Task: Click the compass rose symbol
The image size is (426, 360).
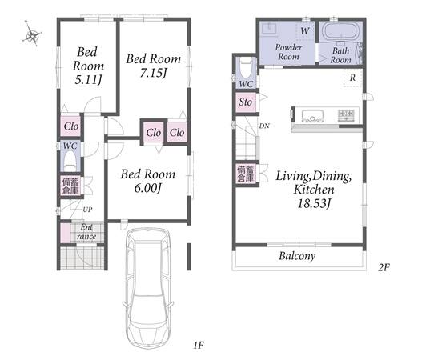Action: tap(32, 34)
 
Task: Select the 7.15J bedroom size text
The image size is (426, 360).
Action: tap(153, 73)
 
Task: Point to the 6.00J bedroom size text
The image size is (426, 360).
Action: tap(148, 188)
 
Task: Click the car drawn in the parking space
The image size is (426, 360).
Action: tap(148, 288)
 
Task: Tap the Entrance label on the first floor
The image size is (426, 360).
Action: tap(86, 231)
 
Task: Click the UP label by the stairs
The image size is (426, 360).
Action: tap(87, 210)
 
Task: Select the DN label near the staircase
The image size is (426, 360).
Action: tap(264, 126)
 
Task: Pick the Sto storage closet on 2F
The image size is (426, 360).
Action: tap(246, 102)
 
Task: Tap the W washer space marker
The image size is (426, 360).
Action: tap(305, 30)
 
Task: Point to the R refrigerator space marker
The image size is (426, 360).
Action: tap(352, 78)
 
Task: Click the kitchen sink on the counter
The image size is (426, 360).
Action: tap(312, 116)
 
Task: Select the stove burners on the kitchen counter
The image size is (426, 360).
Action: tap(346, 115)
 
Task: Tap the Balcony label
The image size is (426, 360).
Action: tap(297, 256)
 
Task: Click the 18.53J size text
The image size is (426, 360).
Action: tap(314, 203)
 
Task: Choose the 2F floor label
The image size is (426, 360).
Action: tap(384, 268)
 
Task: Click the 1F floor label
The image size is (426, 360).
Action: tap(199, 345)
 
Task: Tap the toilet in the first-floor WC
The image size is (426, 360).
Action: tap(70, 161)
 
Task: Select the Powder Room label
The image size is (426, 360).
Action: tap(288, 52)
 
